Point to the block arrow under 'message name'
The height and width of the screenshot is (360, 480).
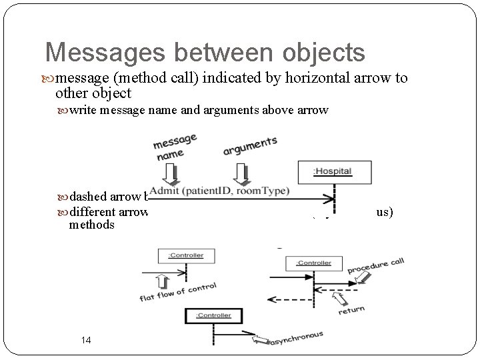tap(173, 174)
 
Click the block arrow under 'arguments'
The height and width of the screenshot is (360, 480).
tap(239, 173)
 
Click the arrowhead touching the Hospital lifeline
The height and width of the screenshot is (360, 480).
tap(329, 198)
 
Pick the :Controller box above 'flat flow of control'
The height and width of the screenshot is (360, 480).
tap(181, 255)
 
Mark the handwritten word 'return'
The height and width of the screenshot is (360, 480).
tap(351, 310)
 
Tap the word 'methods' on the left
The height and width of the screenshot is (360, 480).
tap(92, 225)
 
